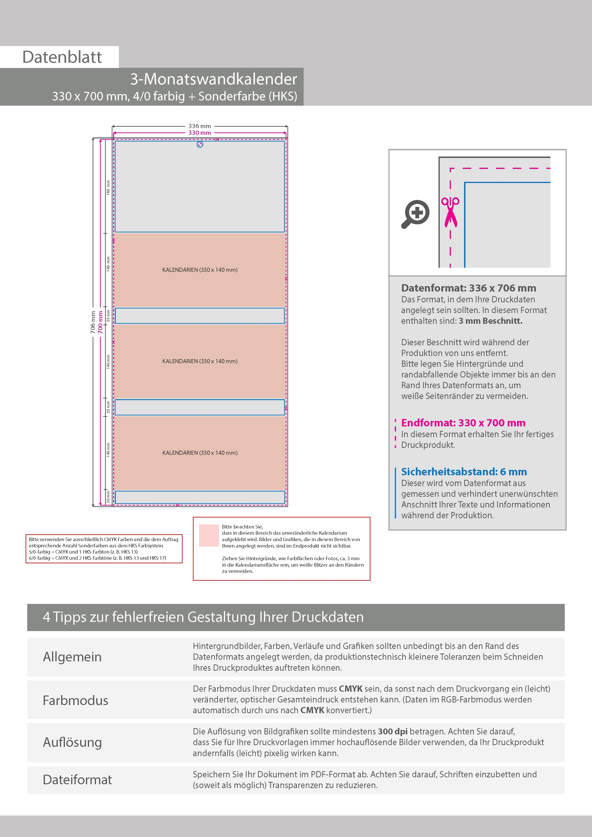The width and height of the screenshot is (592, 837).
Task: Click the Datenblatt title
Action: [x=62, y=57]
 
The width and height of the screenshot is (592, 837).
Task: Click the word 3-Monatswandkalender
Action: [x=214, y=79]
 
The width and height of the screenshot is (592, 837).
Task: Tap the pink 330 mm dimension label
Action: [x=200, y=133]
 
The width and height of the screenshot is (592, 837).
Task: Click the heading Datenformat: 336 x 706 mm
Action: [x=468, y=288]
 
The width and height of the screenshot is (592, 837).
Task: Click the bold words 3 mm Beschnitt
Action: [x=491, y=321]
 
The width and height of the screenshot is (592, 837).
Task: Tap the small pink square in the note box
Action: [x=209, y=535]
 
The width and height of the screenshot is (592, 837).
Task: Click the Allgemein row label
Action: [x=72, y=657]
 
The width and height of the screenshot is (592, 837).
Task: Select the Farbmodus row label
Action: [x=75, y=700]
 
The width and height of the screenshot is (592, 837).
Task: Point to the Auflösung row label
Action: [x=72, y=742]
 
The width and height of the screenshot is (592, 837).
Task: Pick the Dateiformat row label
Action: [x=77, y=780]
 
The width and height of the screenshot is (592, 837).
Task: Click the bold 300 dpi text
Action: [x=392, y=732]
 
